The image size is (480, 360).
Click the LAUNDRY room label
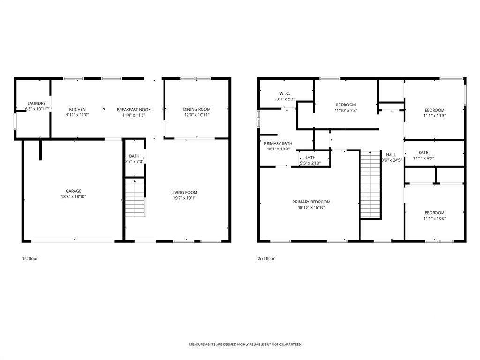[37, 104]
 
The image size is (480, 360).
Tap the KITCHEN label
[77, 109]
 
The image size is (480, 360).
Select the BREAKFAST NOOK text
[134, 110]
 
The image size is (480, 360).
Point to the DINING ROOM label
[197, 109]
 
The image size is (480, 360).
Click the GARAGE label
[74, 191]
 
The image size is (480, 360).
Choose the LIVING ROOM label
[184, 192]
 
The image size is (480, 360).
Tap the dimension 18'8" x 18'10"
[74, 197]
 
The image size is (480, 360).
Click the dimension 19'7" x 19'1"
[184, 198]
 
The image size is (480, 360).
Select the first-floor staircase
[135, 197]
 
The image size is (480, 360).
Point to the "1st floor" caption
[30, 259]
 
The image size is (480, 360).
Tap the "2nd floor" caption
[266, 259]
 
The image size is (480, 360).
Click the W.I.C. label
[285, 93]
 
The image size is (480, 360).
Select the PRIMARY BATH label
[278, 143]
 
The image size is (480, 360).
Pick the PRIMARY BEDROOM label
[311, 202]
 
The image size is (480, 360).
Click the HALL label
[390, 155]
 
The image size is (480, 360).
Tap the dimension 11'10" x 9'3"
[346, 111]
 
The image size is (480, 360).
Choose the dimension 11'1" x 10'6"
[435, 218]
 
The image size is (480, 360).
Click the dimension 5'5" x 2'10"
[310, 163]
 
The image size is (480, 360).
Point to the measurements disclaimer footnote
[245, 345]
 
